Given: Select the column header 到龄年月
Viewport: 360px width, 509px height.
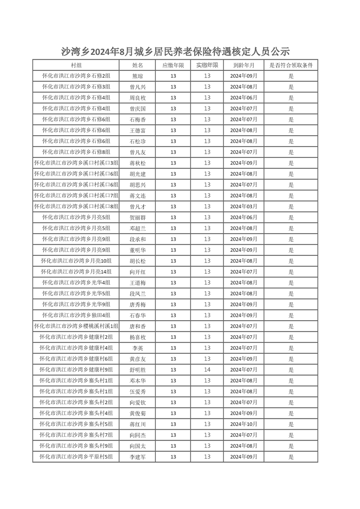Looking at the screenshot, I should tap(243, 65).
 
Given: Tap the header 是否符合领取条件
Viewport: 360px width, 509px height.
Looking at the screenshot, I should tap(291, 65).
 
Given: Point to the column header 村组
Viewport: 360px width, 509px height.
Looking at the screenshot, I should tap(76, 65).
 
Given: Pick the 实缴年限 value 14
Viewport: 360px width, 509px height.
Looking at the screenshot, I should tap(207, 370).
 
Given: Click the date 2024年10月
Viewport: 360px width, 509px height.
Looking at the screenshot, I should tap(243, 424).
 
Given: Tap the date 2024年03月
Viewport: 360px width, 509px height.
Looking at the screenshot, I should tap(243, 206).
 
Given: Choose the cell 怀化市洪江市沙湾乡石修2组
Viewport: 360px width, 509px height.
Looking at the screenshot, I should tap(76, 76).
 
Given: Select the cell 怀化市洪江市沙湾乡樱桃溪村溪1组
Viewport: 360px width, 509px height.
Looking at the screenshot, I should tap(76, 326).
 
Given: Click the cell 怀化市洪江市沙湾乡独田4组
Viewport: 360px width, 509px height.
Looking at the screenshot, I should tap(76, 315).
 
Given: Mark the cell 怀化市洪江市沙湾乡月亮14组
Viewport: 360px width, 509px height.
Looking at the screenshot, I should tap(76, 272).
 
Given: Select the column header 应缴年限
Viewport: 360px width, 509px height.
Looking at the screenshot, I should tap(173, 65).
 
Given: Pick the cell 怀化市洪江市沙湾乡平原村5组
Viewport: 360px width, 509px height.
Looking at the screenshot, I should tap(76, 457).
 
